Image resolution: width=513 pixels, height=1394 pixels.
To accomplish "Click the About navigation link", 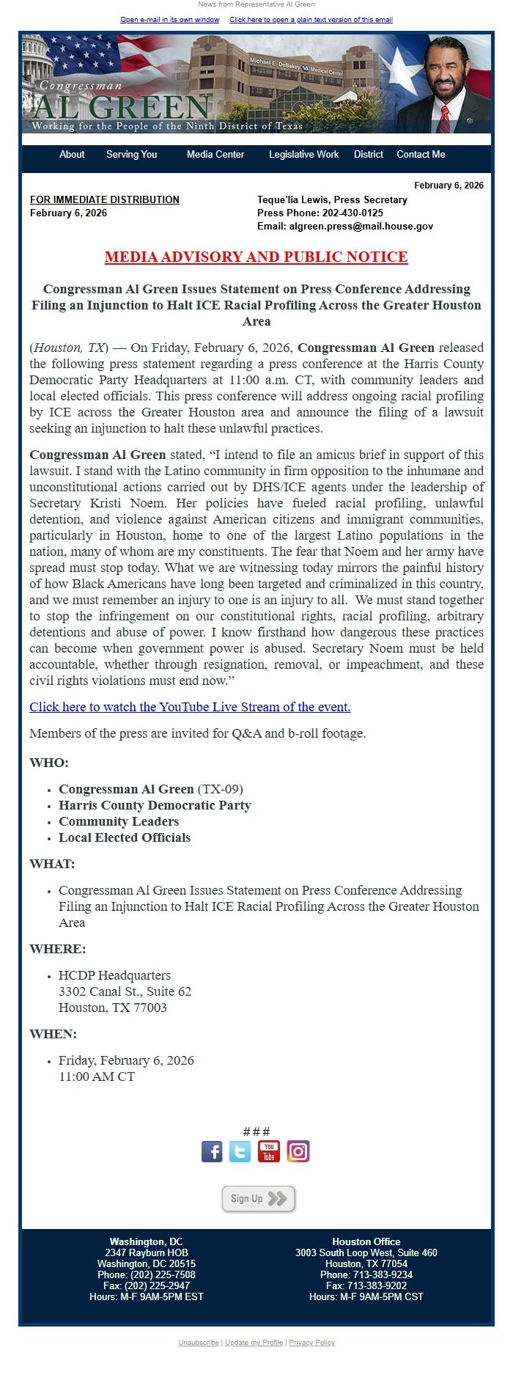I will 72,155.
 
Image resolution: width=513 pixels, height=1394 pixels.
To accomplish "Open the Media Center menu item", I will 215,155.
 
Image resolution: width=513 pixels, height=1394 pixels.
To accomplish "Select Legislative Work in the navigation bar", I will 303,155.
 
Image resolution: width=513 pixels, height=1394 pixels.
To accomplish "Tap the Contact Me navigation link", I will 421,155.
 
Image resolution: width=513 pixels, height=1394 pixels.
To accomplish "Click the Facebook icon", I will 212,1151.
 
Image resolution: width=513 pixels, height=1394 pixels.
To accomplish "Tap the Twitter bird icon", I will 240,1151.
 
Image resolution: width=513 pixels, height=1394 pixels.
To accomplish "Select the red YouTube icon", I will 269,1151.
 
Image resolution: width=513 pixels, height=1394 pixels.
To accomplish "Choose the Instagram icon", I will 298,1151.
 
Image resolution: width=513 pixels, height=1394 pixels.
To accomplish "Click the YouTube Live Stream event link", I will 190,707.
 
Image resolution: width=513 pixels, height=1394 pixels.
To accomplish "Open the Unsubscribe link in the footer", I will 198,1343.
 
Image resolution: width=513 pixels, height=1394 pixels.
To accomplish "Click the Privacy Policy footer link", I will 311,1343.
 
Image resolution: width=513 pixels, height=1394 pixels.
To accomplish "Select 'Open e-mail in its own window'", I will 169,20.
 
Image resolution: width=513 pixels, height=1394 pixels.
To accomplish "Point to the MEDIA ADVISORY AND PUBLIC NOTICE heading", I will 256,257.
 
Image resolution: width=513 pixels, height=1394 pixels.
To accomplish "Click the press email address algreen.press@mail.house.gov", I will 361,227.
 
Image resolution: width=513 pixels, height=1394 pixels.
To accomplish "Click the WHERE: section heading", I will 58,949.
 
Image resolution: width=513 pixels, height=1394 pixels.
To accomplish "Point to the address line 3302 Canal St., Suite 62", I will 125,991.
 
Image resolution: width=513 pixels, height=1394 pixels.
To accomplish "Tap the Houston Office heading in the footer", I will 366,1242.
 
